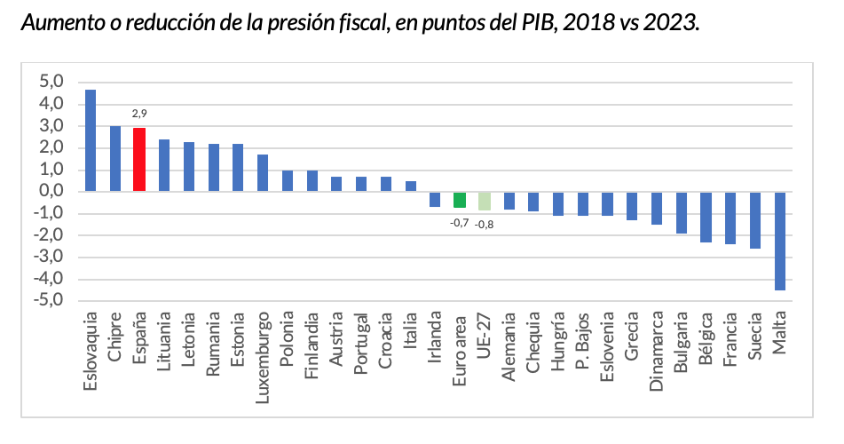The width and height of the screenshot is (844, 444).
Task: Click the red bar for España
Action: point(139,160)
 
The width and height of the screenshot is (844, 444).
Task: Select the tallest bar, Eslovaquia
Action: point(91,140)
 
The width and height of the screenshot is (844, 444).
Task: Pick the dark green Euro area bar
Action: point(460,200)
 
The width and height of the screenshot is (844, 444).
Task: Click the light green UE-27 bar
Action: point(485,201)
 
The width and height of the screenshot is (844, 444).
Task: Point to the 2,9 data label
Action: point(139,114)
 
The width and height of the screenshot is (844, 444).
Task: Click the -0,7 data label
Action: point(460,222)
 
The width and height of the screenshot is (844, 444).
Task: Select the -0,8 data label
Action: point(485,225)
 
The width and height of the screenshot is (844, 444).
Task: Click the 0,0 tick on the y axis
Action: point(52,191)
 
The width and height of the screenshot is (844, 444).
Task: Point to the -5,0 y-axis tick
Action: point(50,300)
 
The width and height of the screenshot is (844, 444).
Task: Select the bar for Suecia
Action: point(754,219)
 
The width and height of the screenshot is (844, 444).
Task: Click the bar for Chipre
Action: point(114,158)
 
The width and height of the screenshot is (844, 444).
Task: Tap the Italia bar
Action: point(411,186)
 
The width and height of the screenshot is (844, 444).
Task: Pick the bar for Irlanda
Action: point(435,199)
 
